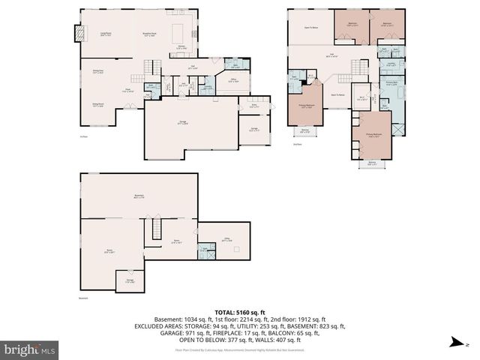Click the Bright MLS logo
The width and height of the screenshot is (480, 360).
[30, 349]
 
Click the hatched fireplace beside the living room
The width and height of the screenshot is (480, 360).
[76, 34]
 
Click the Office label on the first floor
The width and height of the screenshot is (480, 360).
[234, 81]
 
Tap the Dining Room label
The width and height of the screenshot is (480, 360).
[97, 105]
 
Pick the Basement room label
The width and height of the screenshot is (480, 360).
[138, 196]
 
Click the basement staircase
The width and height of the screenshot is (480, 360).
[157, 224]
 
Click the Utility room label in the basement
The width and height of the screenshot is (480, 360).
[227, 240]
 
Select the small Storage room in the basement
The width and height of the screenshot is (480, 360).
[129, 281]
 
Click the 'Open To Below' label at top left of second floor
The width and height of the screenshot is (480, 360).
[313, 27]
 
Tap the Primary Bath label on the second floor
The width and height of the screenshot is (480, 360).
[391, 84]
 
